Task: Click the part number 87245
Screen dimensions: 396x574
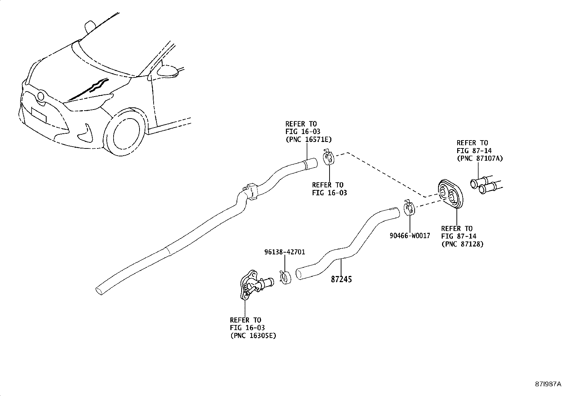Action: click(x=341, y=279)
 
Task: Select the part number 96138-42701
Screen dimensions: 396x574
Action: click(x=285, y=252)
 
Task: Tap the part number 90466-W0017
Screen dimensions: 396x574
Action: click(x=410, y=236)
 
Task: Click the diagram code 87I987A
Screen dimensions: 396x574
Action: click(x=548, y=384)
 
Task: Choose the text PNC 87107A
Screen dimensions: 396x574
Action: click(x=480, y=158)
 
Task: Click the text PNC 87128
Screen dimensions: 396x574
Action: click(x=462, y=244)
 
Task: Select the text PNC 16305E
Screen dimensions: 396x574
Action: click(x=253, y=335)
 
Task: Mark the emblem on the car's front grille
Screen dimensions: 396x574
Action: click(x=41, y=97)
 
